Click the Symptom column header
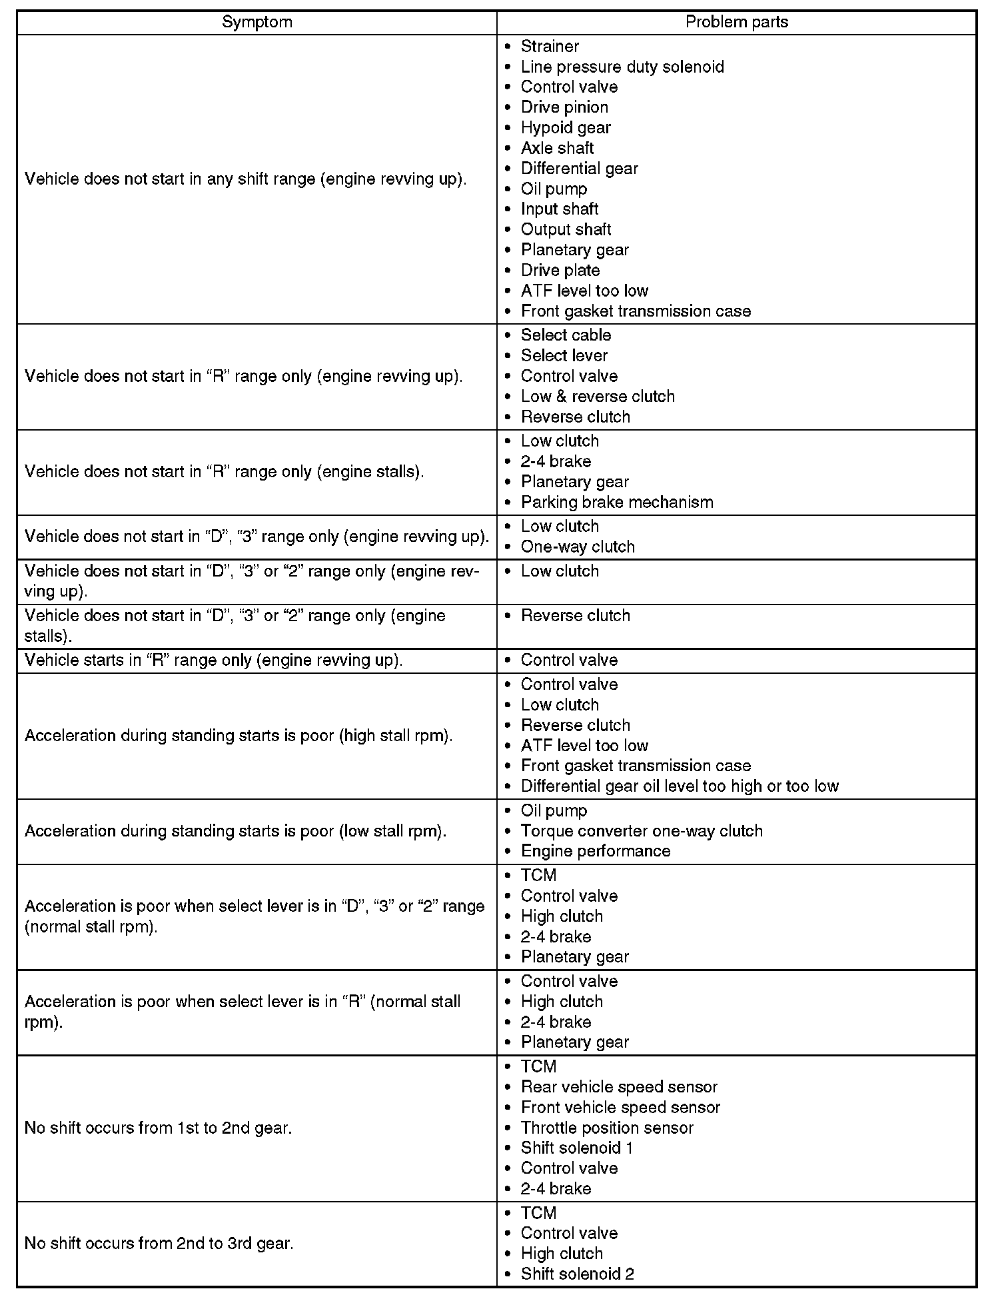click(256, 22)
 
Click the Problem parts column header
click(736, 22)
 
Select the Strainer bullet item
click(550, 46)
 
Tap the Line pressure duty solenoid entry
click(622, 67)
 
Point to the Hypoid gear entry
click(565, 127)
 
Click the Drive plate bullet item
click(560, 270)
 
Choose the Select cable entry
click(565, 335)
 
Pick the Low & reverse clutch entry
click(597, 396)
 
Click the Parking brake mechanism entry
click(616, 502)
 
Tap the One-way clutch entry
click(577, 547)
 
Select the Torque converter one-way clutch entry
click(641, 830)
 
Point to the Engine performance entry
click(595, 850)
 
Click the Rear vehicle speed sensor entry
click(618, 1086)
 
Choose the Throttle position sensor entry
click(606, 1128)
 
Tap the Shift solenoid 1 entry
click(576, 1148)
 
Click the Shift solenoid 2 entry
click(577, 1274)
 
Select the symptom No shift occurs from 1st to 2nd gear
click(158, 1128)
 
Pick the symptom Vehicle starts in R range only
click(213, 660)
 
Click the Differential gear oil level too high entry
click(679, 786)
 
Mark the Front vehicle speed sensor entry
click(620, 1107)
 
